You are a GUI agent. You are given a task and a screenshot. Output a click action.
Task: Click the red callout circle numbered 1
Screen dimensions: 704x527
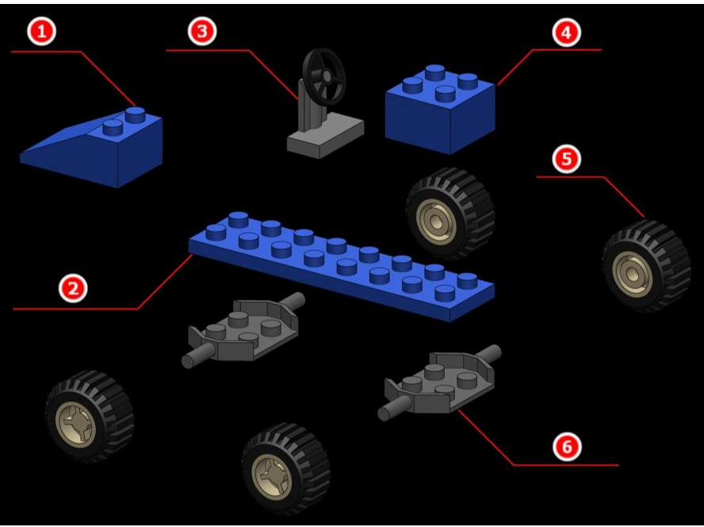[x=42, y=32]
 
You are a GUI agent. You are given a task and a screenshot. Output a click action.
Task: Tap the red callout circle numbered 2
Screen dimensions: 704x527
[x=73, y=288]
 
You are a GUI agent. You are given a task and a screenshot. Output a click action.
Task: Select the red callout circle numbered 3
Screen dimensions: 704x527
[x=202, y=32]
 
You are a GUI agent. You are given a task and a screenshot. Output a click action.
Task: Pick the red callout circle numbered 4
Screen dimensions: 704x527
[x=566, y=33]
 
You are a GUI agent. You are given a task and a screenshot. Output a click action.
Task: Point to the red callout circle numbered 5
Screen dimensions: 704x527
[x=566, y=160]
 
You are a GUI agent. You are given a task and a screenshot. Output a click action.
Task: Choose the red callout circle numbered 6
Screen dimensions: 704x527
[x=567, y=447]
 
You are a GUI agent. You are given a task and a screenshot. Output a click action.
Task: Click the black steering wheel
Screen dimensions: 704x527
[x=324, y=76]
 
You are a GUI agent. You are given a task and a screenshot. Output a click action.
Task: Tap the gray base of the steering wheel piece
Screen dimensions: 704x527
[x=325, y=135]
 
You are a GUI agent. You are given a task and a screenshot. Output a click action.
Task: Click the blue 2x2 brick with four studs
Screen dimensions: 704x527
[x=440, y=110]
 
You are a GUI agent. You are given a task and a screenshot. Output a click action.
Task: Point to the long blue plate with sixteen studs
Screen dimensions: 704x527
[x=341, y=266]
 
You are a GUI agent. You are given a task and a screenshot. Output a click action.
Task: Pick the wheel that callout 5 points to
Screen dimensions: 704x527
[x=647, y=265]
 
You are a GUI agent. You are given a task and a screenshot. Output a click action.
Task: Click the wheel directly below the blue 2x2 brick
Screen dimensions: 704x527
[x=450, y=213]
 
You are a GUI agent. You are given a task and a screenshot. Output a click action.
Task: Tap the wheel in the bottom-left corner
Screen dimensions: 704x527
[x=90, y=417]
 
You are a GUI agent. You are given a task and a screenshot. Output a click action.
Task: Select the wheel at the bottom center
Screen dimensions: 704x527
[x=285, y=468]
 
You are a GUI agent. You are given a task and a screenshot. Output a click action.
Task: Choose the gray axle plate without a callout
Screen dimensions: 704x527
[x=243, y=330]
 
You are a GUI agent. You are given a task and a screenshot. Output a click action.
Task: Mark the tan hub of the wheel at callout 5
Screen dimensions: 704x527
[x=633, y=271]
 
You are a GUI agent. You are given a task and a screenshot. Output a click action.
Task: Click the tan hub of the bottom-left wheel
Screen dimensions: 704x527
[x=75, y=423]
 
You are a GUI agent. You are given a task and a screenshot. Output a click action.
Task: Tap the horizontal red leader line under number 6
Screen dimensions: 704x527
[x=566, y=465]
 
